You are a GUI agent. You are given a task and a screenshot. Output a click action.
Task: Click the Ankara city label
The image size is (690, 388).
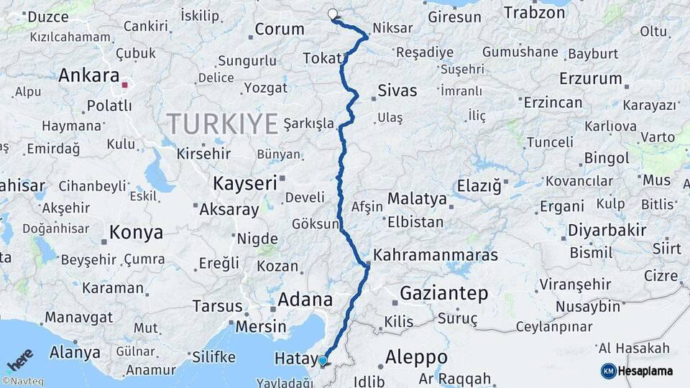tap(88, 75)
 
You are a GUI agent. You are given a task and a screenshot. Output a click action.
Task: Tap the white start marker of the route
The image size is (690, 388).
tap(333, 14)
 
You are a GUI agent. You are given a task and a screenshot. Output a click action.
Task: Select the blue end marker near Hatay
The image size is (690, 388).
tap(323, 361)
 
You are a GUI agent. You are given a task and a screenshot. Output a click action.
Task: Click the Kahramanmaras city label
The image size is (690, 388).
tap(436, 255)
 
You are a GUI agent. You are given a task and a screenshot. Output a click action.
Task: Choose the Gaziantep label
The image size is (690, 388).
tap(443, 293)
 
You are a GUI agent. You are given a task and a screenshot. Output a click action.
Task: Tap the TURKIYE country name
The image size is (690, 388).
tap(223, 124)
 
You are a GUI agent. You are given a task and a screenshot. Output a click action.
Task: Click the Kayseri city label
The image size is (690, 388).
tap(244, 183)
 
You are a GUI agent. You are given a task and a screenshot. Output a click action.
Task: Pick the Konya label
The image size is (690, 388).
tap(136, 233)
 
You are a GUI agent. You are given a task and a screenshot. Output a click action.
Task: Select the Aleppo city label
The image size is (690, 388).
tap(416, 357)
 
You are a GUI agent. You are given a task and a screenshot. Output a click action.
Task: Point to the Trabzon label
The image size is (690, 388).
tap(534, 13)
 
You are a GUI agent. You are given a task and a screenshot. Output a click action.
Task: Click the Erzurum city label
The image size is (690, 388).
tap(590, 78)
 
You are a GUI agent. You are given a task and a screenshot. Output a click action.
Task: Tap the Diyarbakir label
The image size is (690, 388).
tap(607, 231)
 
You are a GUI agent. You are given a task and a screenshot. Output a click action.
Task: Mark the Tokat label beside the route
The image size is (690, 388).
tap(322, 58)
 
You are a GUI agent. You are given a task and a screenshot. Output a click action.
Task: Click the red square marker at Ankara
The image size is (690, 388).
tap(125, 85)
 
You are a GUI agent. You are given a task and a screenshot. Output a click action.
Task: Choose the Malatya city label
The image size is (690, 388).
tap(417, 199)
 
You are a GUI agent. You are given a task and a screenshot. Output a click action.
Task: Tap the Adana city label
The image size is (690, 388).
tap(305, 300)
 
